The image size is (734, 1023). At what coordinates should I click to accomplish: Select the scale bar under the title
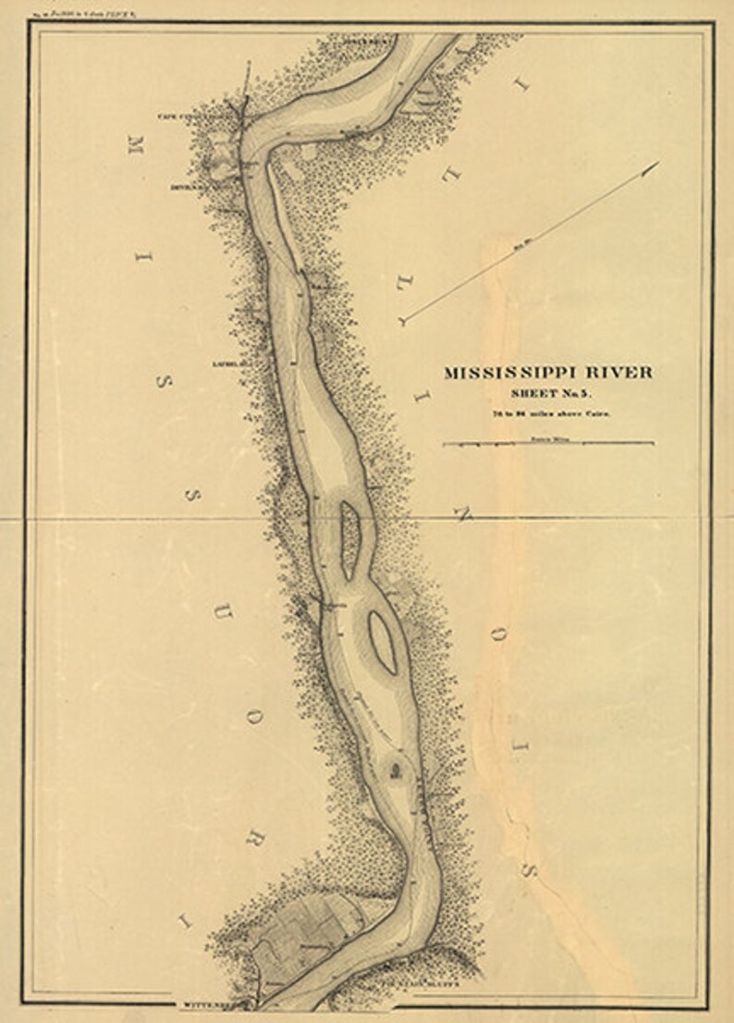point(549,444)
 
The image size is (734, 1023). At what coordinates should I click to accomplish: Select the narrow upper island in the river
point(349,538)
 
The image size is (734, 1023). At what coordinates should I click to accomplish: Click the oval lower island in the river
point(383,641)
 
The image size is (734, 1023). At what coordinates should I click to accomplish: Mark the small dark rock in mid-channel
point(396,771)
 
